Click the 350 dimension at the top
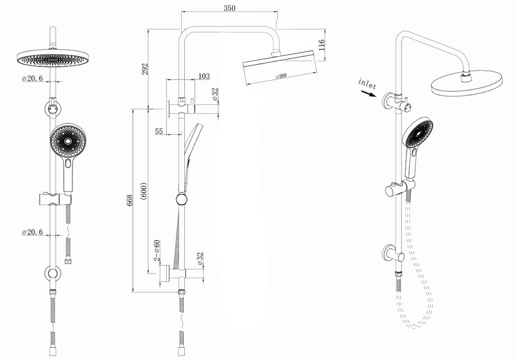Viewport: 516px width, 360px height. coord(229,8)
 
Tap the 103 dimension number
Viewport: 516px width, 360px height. coord(204,76)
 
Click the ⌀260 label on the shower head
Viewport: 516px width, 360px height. coord(281,75)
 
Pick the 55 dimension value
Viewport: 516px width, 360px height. coord(159,131)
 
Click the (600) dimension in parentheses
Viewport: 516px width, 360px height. coord(144,191)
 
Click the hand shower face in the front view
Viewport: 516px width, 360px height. coord(68,140)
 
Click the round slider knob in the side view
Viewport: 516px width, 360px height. coord(182,199)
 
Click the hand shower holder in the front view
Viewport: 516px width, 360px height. coord(55,199)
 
